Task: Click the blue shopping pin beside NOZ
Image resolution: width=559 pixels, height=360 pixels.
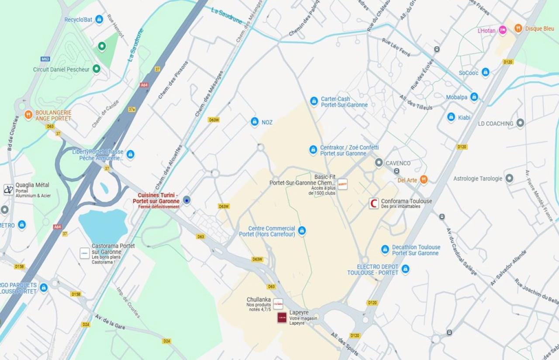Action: point(255,122)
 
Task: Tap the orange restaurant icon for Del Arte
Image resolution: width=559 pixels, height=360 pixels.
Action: point(423,179)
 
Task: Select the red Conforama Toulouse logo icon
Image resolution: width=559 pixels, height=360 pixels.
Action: point(374,203)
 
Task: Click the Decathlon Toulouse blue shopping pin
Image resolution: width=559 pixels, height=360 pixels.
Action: point(385,249)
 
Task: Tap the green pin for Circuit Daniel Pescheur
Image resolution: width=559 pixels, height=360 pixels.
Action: point(97,69)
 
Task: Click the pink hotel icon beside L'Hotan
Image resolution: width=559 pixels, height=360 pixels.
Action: point(503,30)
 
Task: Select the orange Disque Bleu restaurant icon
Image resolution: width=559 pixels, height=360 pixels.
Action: point(518,28)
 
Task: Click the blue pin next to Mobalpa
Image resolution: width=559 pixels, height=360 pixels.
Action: point(474,97)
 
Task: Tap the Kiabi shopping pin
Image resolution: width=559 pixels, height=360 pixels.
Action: point(451,117)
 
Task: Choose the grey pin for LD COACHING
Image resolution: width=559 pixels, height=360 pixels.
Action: point(520,123)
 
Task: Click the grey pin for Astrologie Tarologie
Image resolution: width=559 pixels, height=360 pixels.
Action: point(509,178)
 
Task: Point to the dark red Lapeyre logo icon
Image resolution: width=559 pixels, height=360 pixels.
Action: point(282,317)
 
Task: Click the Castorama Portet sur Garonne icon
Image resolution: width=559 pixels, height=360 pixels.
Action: point(84,253)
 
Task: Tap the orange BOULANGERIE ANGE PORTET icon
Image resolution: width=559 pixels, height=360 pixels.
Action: point(28,115)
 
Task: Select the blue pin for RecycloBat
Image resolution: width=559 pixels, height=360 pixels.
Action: point(99,19)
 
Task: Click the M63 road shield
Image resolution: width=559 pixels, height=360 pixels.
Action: point(45,59)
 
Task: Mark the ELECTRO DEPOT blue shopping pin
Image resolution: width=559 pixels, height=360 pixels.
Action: point(405,269)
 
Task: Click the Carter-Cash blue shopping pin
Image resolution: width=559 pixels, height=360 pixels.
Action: point(314,101)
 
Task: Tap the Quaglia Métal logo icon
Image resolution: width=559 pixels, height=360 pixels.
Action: point(8,189)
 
